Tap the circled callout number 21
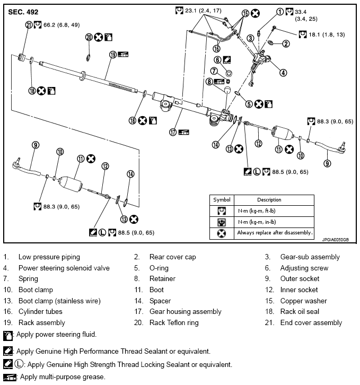coord(28,24)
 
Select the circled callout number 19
coord(113,54)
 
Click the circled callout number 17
coord(172,132)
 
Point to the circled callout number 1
coord(279,11)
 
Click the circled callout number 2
coord(286,43)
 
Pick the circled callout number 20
coord(89,37)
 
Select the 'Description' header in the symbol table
coord(270,200)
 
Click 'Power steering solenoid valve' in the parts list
coord(64,268)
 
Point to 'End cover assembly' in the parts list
coord(311,322)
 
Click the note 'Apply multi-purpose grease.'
coord(61,377)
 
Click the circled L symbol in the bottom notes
coord(18,364)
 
